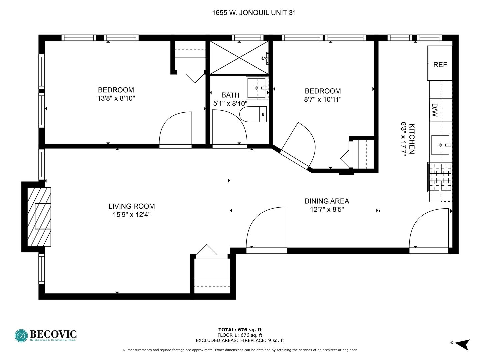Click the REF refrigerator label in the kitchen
point(440,65)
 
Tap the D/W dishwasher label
point(435,110)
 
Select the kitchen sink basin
point(440,145)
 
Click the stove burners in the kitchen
point(440,177)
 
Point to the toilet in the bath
point(253,114)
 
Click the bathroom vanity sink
point(257,88)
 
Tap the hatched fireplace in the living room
point(39,217)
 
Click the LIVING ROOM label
point(132,206)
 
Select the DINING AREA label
point(327,201)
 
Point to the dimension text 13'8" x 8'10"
point(116,98)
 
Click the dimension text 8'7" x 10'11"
point(323,99)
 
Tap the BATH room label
point(230,95)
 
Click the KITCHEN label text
point(412,139)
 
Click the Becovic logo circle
point(21,336)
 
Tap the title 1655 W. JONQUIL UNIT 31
point(254,13)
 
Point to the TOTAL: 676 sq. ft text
point(240,330)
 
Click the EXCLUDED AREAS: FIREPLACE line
point(240,340)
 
